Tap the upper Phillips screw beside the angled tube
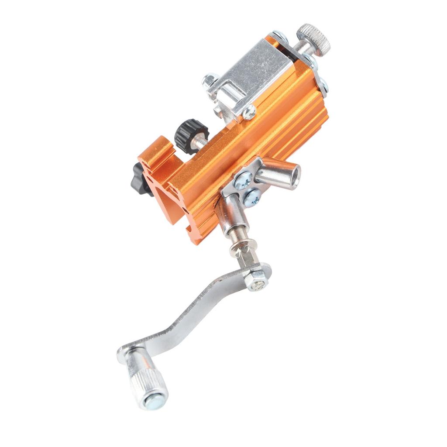tap(243, 180)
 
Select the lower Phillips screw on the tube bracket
tap(253, 197)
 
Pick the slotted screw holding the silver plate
tap(249, 113)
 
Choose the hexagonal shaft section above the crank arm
tap(246, 258)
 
